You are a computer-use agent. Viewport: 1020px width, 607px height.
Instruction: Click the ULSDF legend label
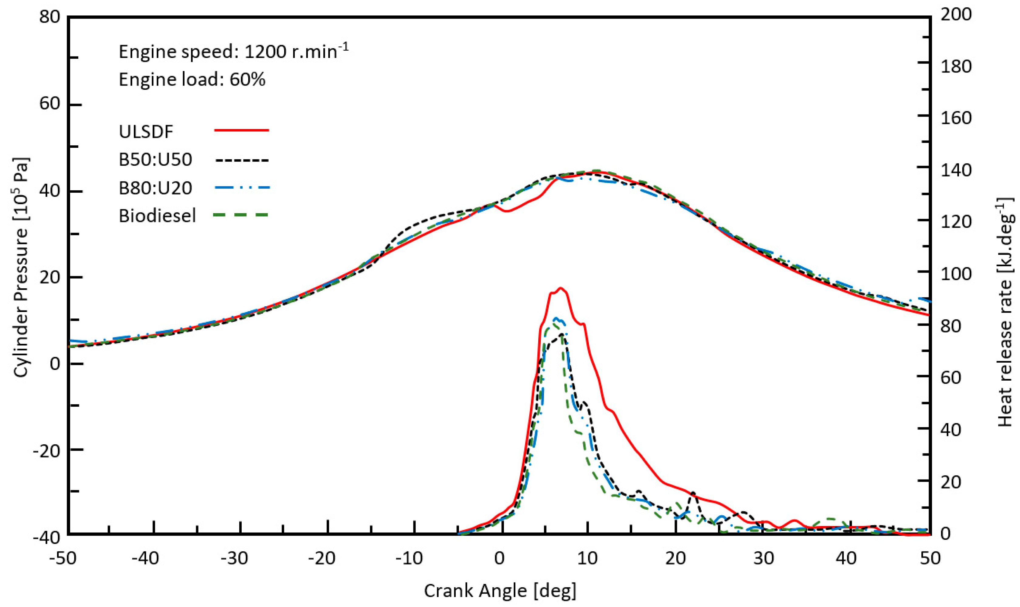(x=146, y=132)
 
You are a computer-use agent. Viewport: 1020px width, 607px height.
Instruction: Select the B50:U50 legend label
(x=155, y=160)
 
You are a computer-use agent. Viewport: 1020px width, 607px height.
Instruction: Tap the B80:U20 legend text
(x=155, y=188)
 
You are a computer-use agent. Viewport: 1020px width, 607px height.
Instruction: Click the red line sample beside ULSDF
(x=241, y=130)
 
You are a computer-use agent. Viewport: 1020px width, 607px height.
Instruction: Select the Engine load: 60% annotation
(x=192, y=79)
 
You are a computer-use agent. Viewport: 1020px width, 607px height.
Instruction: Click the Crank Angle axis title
(x=500, y=591)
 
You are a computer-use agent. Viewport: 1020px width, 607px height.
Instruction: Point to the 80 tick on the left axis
(x=49, y=17)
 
